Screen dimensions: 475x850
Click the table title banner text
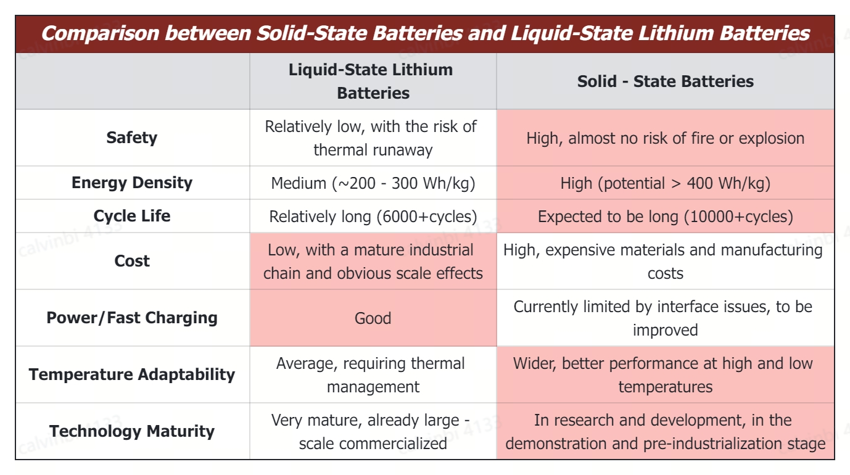425,33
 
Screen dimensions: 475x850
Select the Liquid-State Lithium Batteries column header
373,81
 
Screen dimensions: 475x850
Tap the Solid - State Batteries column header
665,81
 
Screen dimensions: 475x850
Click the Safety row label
132,138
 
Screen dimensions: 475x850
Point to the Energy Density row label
132,183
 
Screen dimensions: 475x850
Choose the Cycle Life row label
132,216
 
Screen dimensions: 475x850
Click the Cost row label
132,261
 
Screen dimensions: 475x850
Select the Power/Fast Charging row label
132,318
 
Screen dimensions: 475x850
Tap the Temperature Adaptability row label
132,374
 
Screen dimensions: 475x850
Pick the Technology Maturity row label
132,431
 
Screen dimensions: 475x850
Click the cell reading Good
373,318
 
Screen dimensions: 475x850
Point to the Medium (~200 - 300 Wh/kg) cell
373,183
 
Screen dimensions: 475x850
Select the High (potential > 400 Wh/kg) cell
665,183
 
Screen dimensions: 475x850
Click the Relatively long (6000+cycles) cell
373,217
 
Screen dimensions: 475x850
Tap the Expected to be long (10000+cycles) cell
665,217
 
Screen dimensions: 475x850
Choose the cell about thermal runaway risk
373,138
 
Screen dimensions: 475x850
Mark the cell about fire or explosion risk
665,138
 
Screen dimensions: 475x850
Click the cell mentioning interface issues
665,318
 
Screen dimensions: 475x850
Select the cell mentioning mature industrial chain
373,262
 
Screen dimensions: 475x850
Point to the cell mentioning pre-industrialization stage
665,432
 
